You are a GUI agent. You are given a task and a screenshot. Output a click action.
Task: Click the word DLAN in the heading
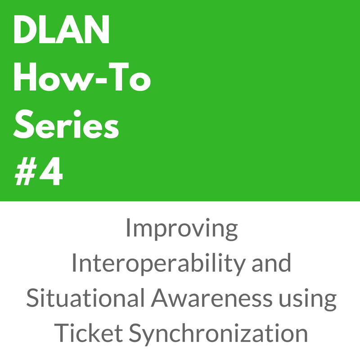coord(62,29)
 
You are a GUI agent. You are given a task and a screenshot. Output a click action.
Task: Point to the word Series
coord(66,124)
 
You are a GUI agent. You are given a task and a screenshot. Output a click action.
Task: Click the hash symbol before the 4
coord(26,171)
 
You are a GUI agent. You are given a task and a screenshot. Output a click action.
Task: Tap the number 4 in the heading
coord(51,171)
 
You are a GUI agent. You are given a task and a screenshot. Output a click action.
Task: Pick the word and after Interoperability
coord(271,262)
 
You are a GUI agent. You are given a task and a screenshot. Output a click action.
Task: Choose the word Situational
coord(85,297)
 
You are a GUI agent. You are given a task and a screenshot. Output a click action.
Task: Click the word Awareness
coord(211,297)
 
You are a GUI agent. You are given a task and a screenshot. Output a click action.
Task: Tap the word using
coord(308,299)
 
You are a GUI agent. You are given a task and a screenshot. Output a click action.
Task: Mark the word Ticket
coord(88,333)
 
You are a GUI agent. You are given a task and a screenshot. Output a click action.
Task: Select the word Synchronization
coord(218,334)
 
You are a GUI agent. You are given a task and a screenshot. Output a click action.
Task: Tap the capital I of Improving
coord(128,228)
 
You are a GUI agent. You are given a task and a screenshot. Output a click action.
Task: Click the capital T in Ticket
coord(63,333)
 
